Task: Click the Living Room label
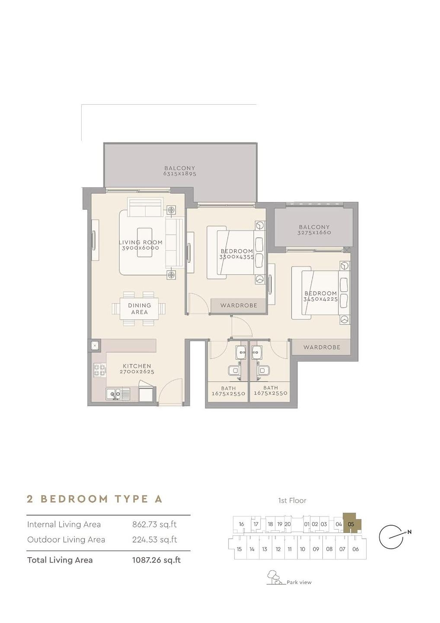click(140, 242)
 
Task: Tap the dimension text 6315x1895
click(180, 174)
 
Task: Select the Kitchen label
click(137, 366)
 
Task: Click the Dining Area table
click(140, 309)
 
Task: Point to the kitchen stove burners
click(100, 370)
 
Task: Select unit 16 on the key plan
click(241, 524)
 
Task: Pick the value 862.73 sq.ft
click(154, 524)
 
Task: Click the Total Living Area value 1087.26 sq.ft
click(156, 559)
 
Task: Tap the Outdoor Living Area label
click(66, 540)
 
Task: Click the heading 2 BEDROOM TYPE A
click(95, 499)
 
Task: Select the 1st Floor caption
click(292, 501)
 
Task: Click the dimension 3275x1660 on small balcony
click(314, 233)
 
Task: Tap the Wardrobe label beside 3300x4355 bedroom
click(239, 305)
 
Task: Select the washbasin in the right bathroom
click(256, 352)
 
